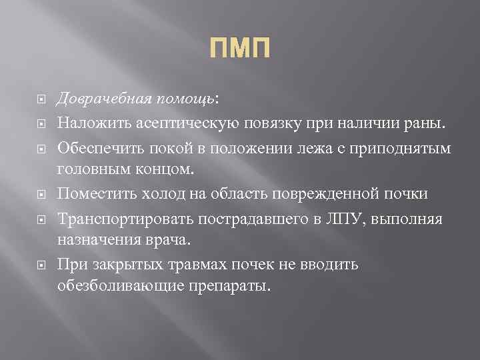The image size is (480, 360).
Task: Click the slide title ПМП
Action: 240,49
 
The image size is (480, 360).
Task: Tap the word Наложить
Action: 88,122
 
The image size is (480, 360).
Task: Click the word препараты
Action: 227,288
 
